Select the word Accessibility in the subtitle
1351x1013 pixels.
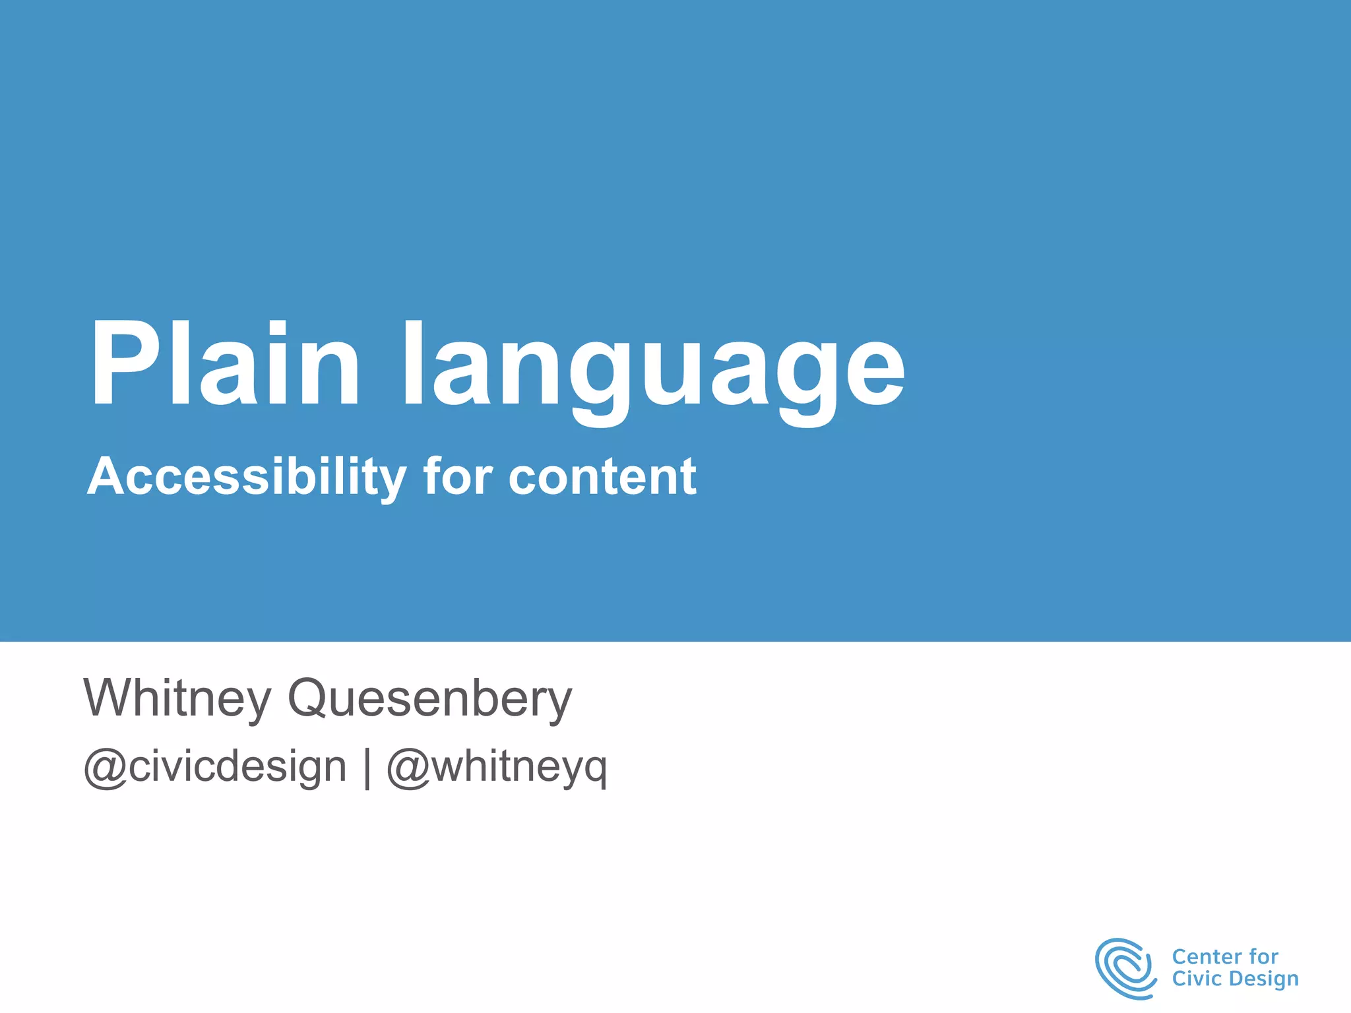coord(247,477)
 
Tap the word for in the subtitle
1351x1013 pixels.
coord(458,476)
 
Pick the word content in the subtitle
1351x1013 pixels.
coord(602,477)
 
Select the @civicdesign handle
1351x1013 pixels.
coord(215,767)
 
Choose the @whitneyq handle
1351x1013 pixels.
coord(497,767)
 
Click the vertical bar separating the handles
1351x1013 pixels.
coord(367,768)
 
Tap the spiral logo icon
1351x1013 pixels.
coord(1125,967)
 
